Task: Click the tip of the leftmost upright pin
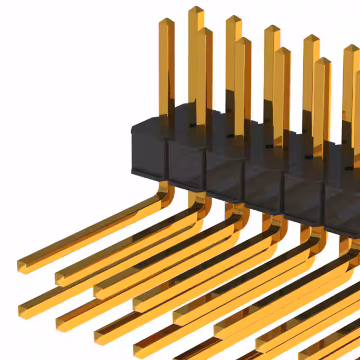point(166,21)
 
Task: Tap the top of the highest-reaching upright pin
point(196,10)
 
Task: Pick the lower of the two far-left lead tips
point(22,309)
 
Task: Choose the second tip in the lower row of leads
point(60,323)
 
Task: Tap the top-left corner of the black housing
point(133,127)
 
